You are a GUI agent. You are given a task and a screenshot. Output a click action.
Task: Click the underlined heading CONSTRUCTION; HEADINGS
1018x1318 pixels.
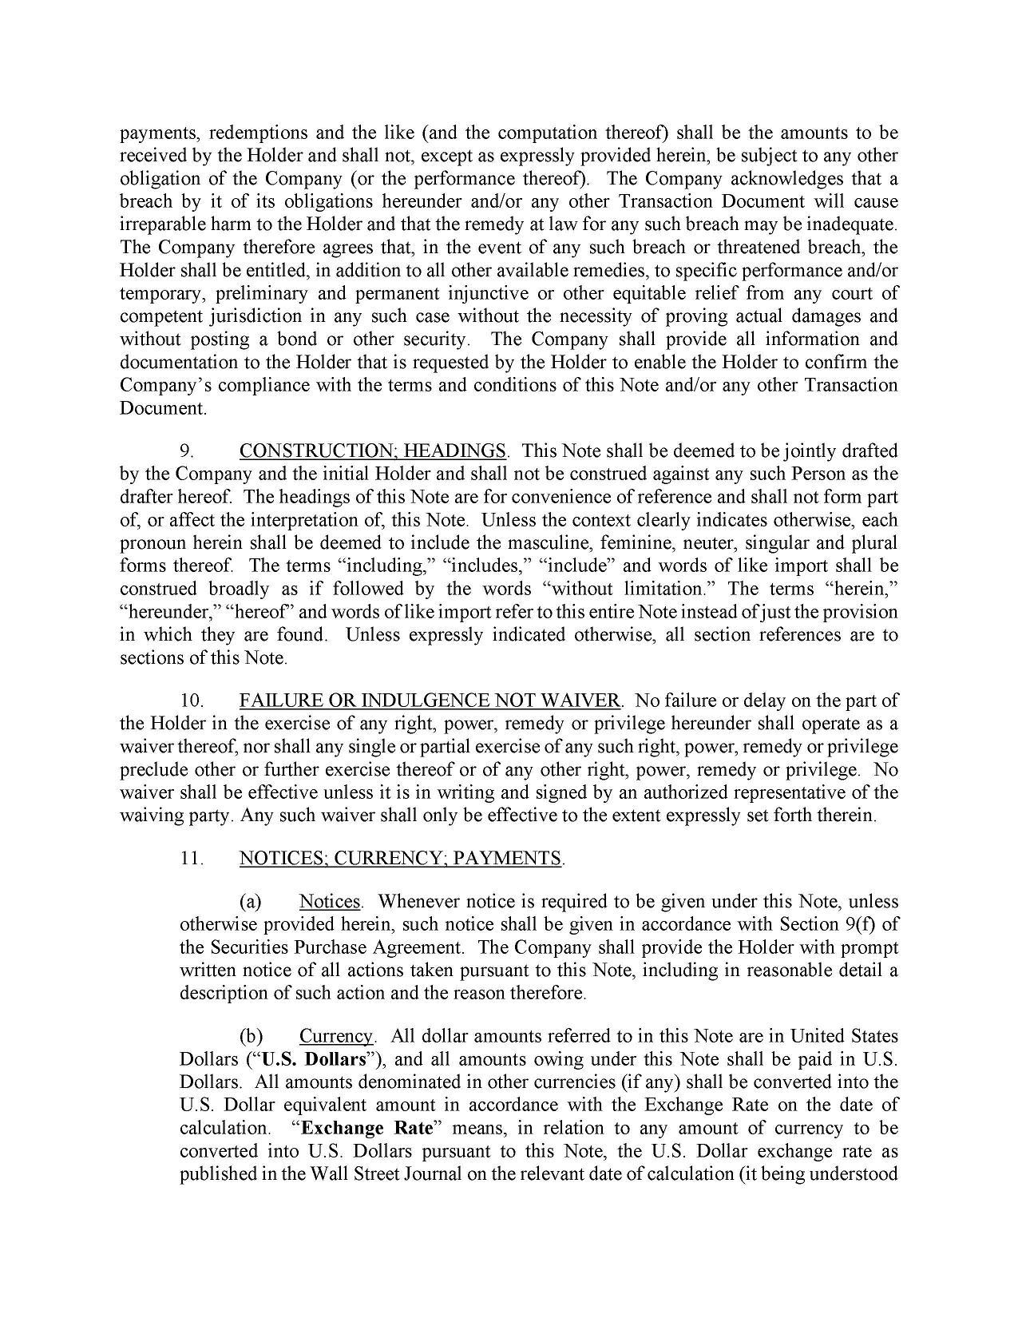[x=372, y=451]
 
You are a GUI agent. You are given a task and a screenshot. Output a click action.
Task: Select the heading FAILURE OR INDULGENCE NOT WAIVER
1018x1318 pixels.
[x=430, y=701]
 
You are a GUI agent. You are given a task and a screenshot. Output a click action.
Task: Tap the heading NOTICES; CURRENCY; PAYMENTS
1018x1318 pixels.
[x=401, y=859]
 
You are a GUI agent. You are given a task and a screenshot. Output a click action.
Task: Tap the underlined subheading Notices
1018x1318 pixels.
[x=330, y=902]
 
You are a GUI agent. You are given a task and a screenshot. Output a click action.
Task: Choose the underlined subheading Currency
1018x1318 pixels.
[x=336, y=1037]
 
